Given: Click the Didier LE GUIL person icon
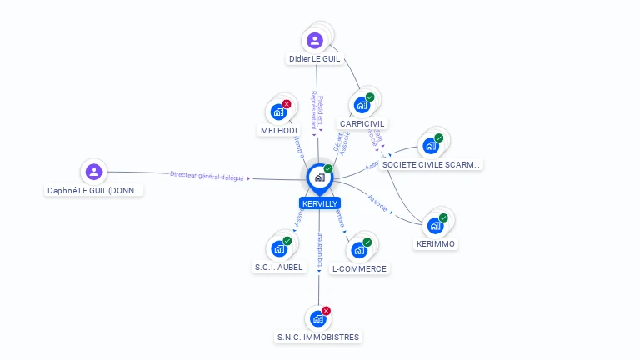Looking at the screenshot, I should [314, 40].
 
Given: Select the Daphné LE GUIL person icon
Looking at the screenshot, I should [94, 172].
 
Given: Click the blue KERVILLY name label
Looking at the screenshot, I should [319, 203].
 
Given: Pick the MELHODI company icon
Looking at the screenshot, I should [278, 112].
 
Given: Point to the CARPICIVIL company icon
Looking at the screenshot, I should [362, 105].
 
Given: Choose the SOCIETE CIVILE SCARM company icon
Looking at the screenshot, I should [431, 146].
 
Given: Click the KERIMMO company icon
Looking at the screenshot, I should [435, 225].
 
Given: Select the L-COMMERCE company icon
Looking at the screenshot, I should [359, 249].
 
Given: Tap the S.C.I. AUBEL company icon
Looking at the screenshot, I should [278, 248].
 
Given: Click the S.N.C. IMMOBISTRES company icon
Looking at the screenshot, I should [317, 318].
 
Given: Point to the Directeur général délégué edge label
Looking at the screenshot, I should [207, 175].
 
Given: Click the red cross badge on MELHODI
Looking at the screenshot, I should [287, 104].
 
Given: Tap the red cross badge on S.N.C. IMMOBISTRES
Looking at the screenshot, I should [326, 311].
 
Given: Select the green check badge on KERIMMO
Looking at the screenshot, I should [443, 217].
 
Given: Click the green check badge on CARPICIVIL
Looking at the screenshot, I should [370, 97].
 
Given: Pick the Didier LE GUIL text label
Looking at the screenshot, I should [315, 59].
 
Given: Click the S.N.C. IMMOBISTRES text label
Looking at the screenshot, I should [318, 337].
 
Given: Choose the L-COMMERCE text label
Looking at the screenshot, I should [359, 269].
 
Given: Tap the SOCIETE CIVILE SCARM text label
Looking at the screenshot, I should [431, 165].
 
